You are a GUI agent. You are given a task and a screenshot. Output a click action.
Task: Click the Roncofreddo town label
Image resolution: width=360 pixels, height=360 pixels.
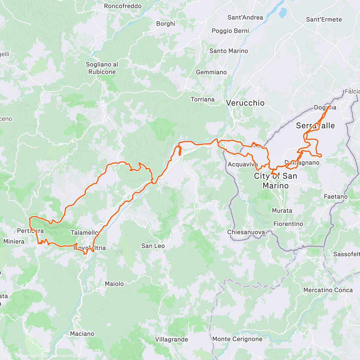[x=123, y=6]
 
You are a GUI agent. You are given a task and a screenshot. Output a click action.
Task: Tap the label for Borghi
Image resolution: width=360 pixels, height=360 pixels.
[x=166, y=24]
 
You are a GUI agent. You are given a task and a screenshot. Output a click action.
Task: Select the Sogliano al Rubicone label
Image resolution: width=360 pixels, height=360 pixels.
[x=102, y=68]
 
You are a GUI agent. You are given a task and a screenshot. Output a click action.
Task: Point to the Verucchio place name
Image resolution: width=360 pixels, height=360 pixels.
[x=245, y=103]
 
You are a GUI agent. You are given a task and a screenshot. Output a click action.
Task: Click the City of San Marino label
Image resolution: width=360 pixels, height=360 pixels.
[x=276, y=181]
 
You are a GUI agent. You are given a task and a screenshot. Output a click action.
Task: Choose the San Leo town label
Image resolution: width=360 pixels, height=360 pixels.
[x=153, y=246]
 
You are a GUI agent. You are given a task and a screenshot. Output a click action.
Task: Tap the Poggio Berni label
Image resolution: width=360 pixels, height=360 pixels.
[x=230, y=31]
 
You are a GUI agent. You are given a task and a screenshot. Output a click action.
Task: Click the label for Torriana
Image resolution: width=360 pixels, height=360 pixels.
[x=203, y=99]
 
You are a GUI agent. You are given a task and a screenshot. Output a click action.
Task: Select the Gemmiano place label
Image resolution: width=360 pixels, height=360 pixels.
[x=211, y=72]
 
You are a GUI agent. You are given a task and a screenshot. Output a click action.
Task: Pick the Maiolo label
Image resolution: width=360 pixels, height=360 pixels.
[x=114, y=284]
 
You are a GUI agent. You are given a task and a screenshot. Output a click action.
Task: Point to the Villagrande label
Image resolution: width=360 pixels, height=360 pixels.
[x=172, y=340]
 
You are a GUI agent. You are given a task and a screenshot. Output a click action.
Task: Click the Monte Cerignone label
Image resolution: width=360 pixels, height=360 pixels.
[x=237, y=339]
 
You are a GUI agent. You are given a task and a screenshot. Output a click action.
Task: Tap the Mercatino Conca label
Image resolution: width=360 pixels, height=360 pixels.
[x=328, y=290]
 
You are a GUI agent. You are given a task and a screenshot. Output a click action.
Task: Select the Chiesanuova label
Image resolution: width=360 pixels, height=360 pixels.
[x=246, y=232]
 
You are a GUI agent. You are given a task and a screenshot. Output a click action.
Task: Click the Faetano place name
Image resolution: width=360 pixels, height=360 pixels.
[x=336, y=197]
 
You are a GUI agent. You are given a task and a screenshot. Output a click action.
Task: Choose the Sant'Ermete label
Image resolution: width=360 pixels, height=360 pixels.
[x=324, y=19]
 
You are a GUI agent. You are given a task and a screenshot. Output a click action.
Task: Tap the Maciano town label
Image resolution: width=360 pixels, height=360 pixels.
[x=82, y=334]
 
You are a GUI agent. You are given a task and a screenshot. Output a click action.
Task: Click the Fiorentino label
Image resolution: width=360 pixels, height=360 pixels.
[x=288, y=224]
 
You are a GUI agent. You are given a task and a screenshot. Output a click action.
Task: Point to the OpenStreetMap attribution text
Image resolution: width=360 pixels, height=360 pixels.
[x=63, y=356]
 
